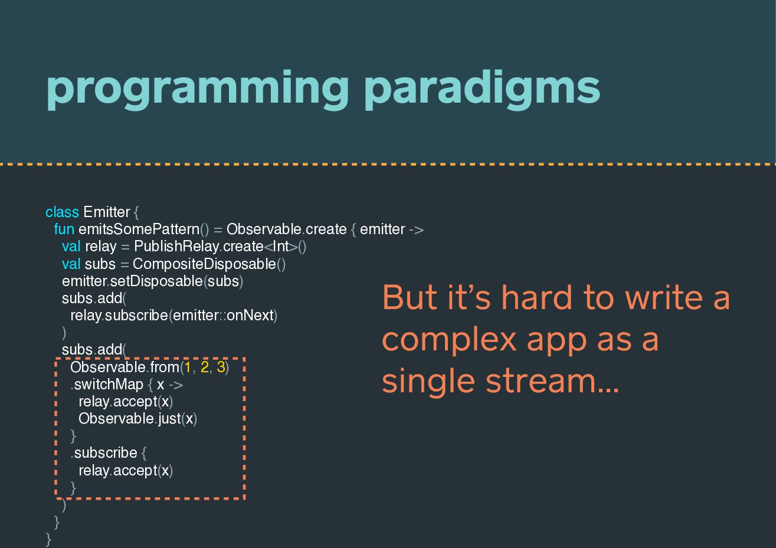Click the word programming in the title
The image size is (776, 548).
[197, 90]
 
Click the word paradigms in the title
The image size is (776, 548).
[482, 90]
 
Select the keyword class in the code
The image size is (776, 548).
[63, 212]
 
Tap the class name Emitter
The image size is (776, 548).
[107, 212]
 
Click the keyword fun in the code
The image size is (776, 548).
[64, 229]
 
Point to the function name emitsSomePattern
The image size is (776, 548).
[139, 229]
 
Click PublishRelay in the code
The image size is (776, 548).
[176, 247]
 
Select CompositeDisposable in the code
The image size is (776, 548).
[204, 264]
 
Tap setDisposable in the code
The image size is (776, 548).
[156, 281]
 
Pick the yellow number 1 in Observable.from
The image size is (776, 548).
[188, 367]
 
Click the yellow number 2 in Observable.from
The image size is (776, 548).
[204, 367]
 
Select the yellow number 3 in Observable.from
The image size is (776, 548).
[221, 367]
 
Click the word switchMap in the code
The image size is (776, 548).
[109, 385]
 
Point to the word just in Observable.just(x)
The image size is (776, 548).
[169, 419]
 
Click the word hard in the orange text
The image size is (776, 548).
[537, 297]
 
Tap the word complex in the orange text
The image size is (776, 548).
[449, 341]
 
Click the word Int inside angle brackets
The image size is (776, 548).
[281, 247]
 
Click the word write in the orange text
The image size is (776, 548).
[664, 297]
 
